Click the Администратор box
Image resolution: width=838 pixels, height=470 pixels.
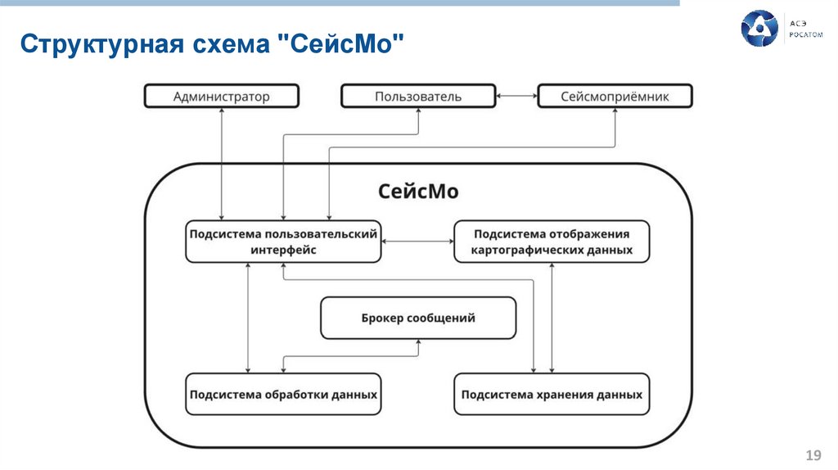tap(221, 97)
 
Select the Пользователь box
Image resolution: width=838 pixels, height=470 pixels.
tap(418, 97)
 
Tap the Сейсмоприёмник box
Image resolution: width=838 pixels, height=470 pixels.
tap(615, 97)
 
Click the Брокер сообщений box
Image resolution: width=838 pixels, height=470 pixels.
tap(418, 318)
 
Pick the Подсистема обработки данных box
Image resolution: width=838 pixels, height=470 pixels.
tap(283, 394)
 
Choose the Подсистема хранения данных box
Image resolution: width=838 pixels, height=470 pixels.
tap(552, 394)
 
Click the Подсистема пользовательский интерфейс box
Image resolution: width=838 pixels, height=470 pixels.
tap(283, 242)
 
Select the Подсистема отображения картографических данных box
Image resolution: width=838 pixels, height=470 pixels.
tap(552, 242)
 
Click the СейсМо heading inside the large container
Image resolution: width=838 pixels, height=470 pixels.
tap(418, 192)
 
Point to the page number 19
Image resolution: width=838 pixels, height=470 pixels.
tap(813, 455)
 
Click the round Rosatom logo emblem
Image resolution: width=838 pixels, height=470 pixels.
tap(759, 29)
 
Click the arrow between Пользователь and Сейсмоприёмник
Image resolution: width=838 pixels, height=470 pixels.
tap(516, 97)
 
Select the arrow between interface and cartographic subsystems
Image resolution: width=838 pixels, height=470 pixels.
tap(417, 242)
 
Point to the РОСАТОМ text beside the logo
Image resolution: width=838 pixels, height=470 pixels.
tap(805, 36)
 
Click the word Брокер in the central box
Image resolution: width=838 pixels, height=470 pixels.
tap(382, 318)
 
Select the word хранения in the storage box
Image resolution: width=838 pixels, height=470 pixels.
tap(562, 394)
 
